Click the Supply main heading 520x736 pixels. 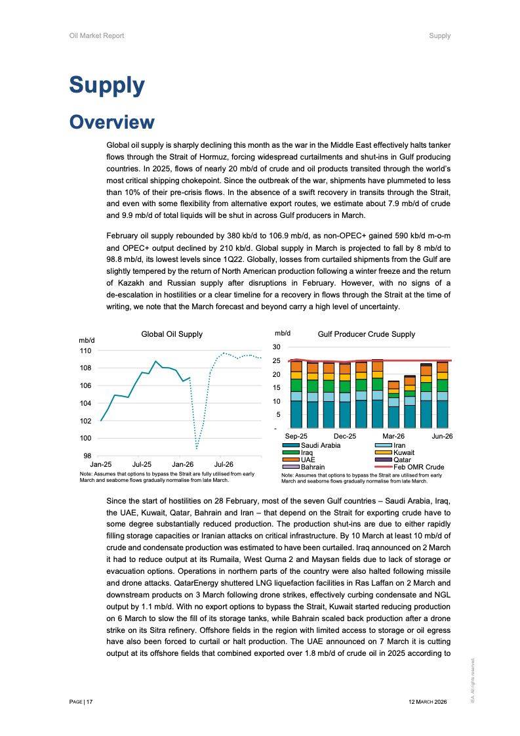tap(107, 85)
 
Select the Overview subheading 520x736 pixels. tap(111, 122)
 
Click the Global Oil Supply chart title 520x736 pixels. tap(172, 334)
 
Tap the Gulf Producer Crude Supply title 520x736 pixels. tap(366, 334)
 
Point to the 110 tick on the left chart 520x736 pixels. tap(86, 351)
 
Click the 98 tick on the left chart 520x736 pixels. tap(87, 456)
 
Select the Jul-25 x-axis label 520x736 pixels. tap(142, 464)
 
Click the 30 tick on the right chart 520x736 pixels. tap(277, 347)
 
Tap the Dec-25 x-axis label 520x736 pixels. tap(345, 436)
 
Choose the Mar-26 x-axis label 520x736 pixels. tap(393, 436)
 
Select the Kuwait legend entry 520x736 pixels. tap(404, 453)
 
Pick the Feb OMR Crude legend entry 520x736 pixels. tap(417, 467)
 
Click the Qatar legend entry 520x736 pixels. tap(402, 460)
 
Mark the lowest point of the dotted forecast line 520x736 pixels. tap(197, 448)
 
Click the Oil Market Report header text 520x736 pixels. tap(96, 35)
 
